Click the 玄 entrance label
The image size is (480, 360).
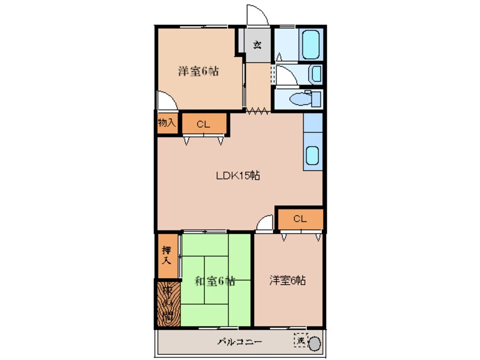click(x=257, y=45)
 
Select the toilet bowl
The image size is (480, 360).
click(x=298, y=99)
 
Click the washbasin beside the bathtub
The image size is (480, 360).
click(x=315, y=74)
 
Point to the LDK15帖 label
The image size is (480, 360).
click(x=238, y=175)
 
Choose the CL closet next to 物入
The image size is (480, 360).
click(x=204, y=124)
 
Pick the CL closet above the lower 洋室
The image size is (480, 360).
click(x=300, y=219)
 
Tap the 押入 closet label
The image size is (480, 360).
click(x=166, y=256)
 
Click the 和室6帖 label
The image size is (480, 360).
click(x=215, y=281)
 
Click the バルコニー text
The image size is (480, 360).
click(x=239, y=342)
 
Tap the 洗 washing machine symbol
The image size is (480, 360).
click(x=300, y=341)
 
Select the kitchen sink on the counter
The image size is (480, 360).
click(x=313, y=153)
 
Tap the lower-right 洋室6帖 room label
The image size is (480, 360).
click(x=288, y=280)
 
